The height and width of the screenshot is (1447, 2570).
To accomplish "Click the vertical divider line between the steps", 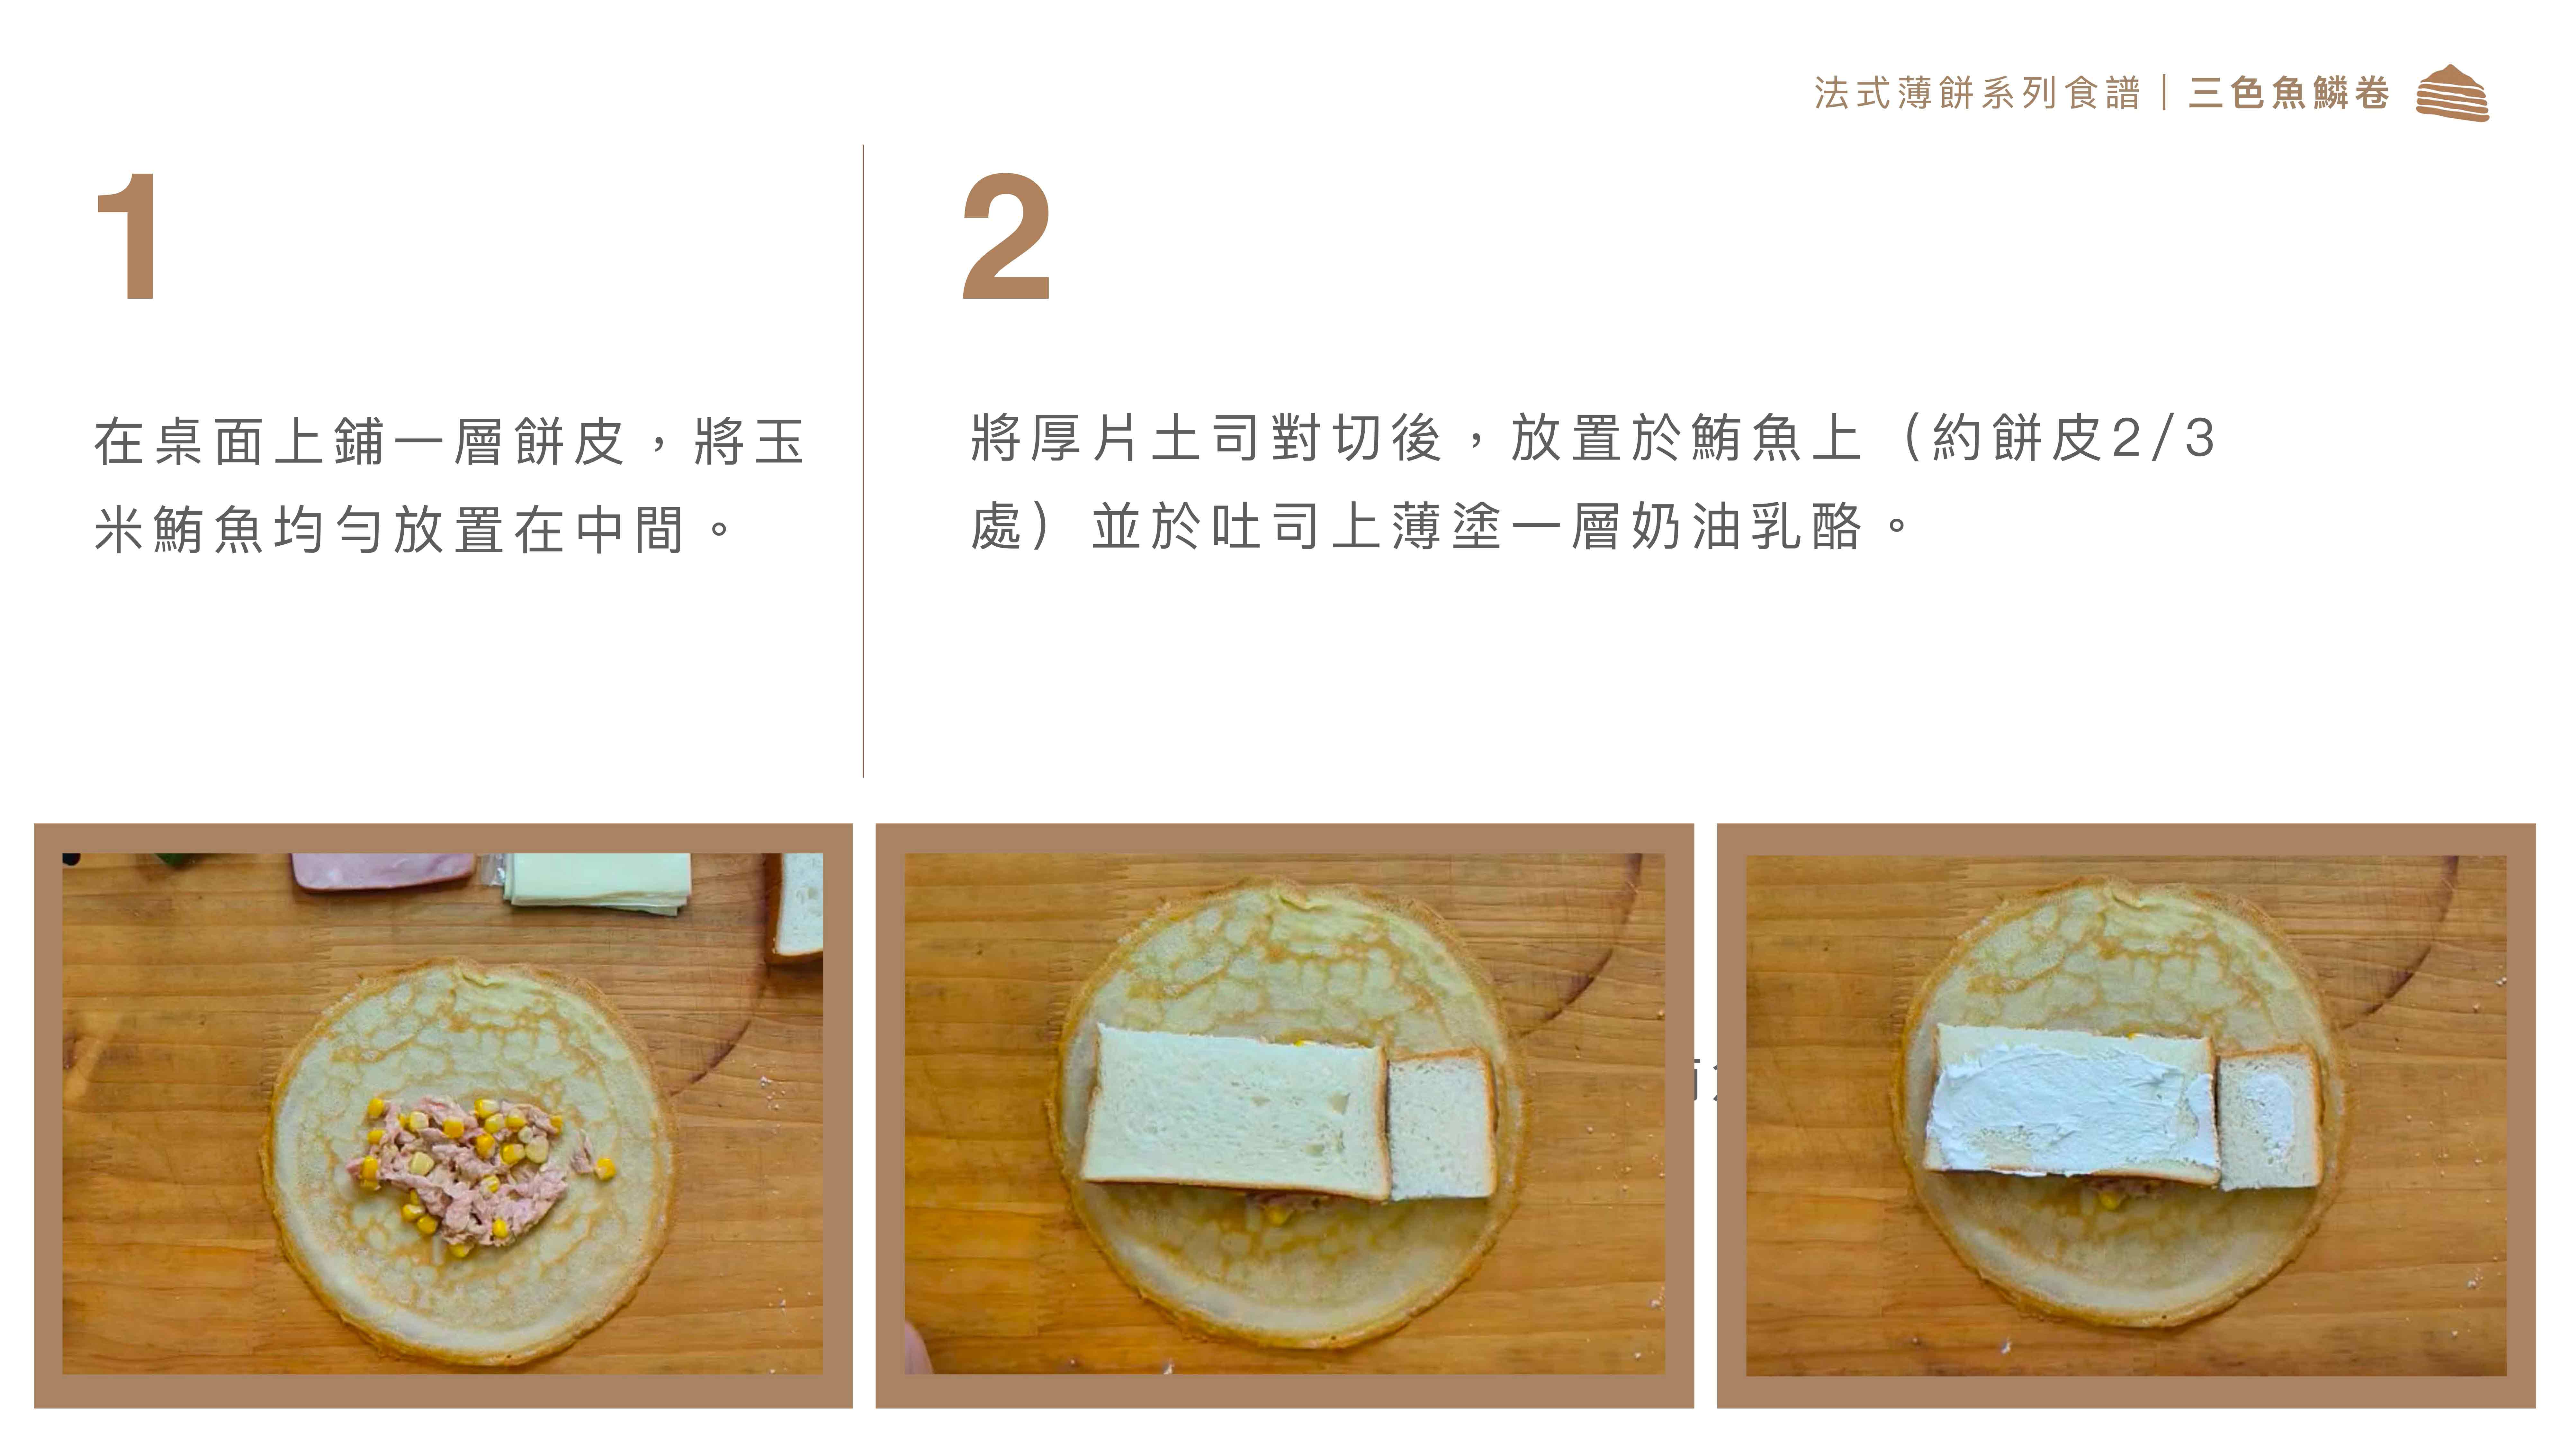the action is [863, 461].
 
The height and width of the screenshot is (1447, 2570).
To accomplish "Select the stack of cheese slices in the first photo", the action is [597, 880].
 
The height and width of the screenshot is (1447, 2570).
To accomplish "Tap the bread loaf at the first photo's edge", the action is [796, 906].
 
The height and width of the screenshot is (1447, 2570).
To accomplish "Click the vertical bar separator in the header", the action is [2164, 93].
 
